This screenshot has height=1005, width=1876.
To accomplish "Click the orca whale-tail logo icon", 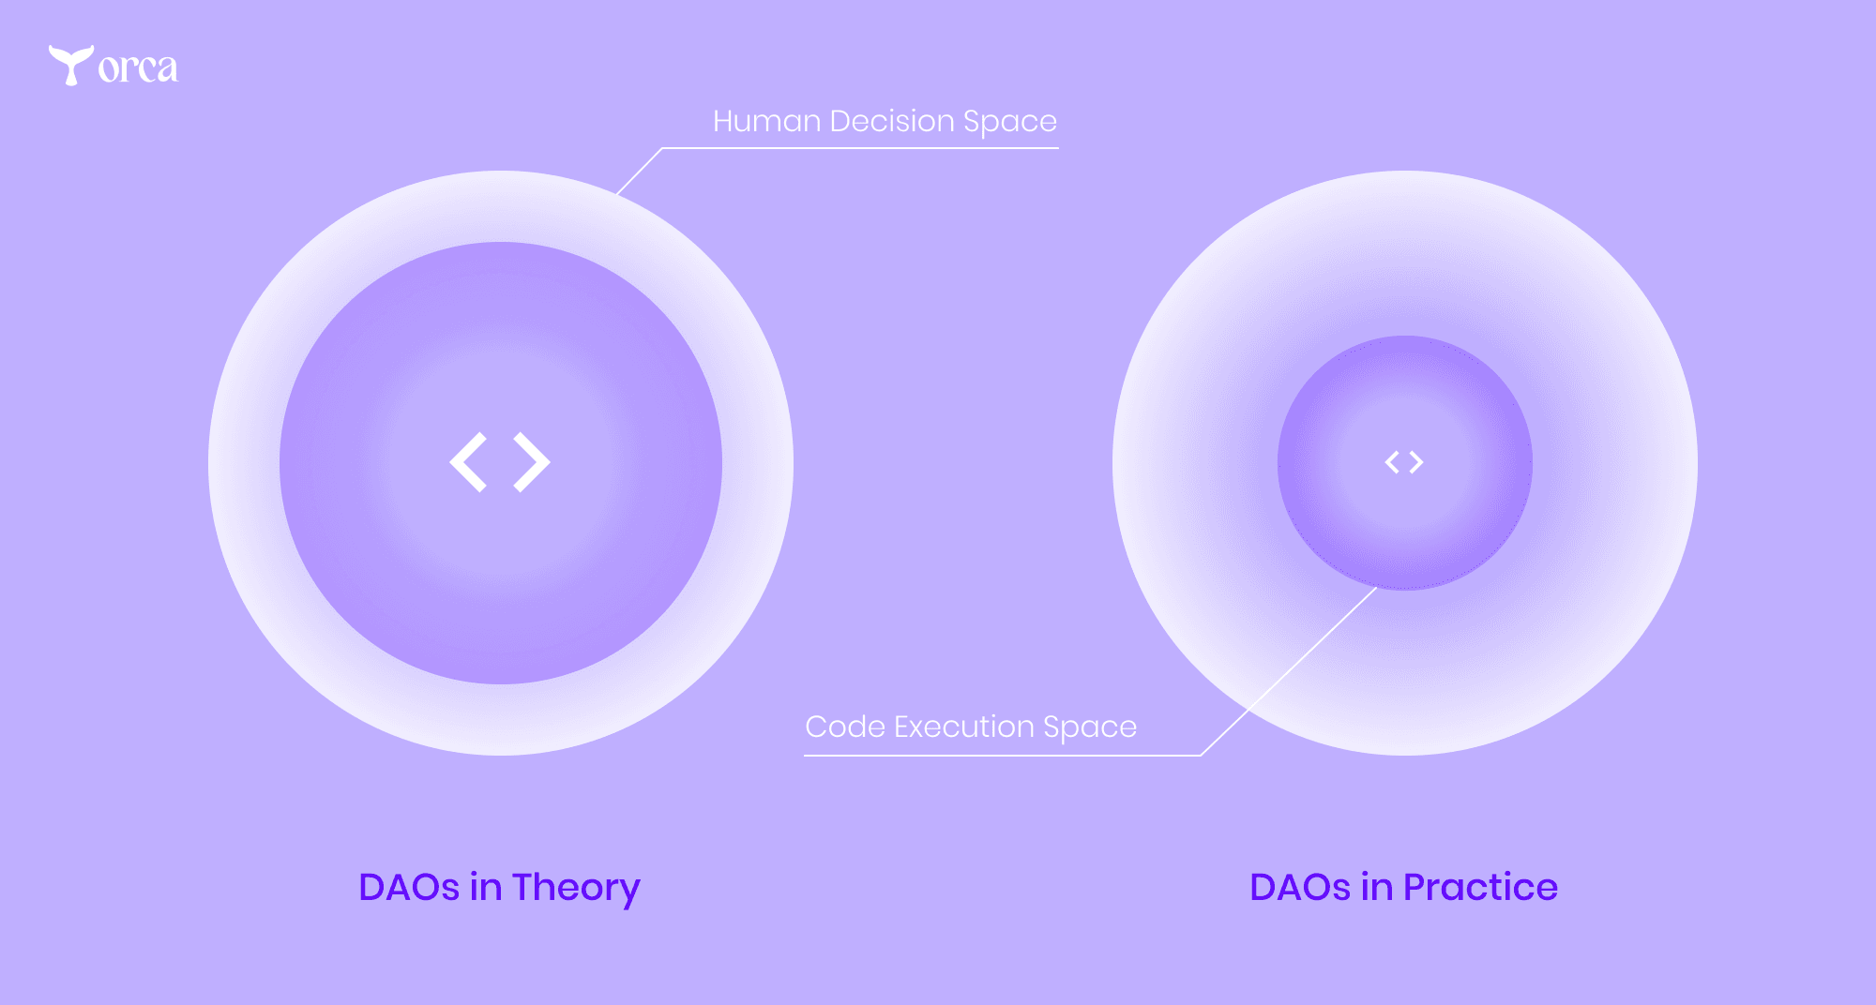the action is coord(70,65).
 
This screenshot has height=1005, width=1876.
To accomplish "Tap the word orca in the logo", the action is coord(138,68).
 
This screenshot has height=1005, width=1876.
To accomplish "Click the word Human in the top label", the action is coord(766,121).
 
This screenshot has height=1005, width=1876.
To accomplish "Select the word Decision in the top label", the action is coord(891,121).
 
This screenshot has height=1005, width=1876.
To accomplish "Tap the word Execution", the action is coord(963,727).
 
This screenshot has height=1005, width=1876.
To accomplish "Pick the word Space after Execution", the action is coord(1090,728).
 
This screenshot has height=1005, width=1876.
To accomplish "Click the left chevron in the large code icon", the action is coord(468,462).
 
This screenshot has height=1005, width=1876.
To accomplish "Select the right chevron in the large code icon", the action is coord(532,462).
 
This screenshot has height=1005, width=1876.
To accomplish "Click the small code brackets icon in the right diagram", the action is coord(1404,462).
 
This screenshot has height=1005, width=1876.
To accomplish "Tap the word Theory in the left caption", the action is coord(576,888).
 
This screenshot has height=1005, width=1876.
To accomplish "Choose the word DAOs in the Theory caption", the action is coord(409,888).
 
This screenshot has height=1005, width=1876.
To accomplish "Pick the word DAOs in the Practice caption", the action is coord(1300,888).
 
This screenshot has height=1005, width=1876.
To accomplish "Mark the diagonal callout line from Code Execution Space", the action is coord(1289,671).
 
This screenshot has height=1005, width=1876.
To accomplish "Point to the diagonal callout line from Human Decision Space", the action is coord(639,172).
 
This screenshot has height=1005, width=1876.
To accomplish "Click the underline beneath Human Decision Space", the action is coord(860,148).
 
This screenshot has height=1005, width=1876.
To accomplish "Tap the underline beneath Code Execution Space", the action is coord(1003,755).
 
